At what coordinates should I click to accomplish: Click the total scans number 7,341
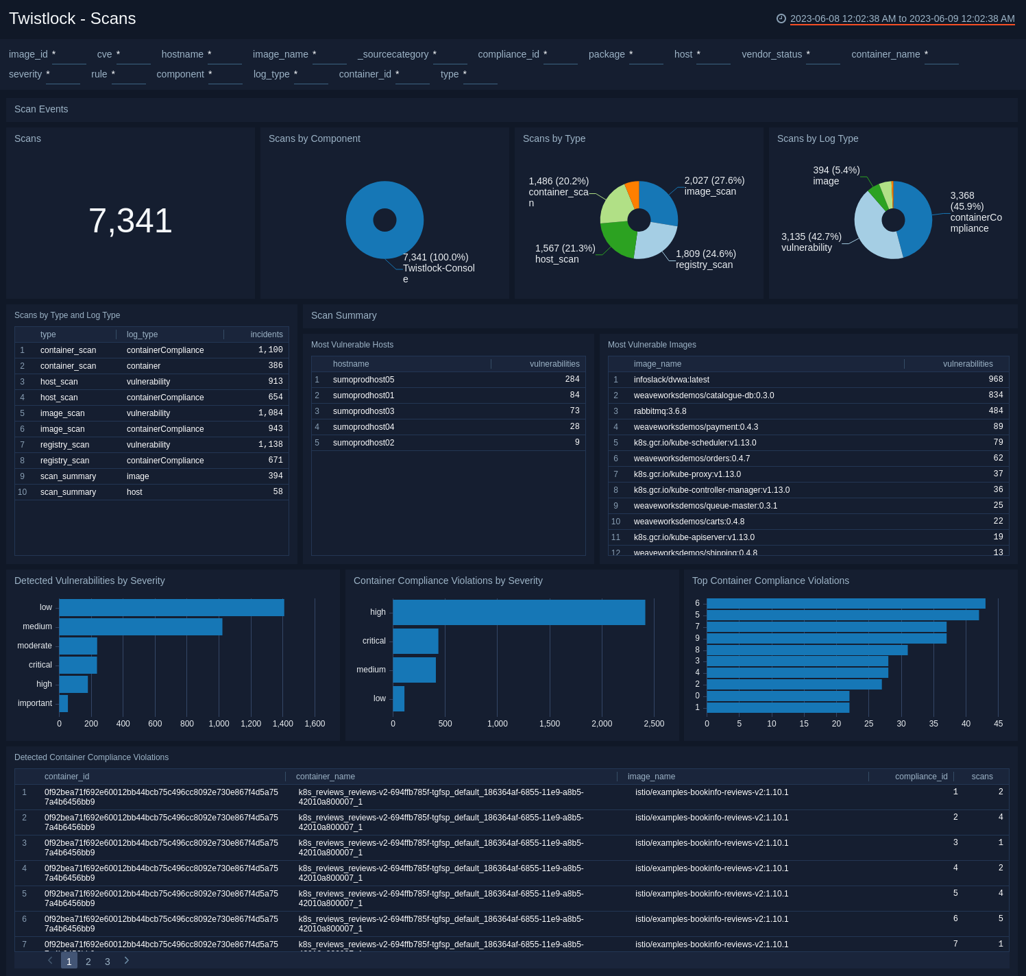130,221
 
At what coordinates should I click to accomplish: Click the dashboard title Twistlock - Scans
72,19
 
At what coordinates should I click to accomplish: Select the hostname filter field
225,55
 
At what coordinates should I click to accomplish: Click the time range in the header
902,19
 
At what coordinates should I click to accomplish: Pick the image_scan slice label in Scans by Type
710,191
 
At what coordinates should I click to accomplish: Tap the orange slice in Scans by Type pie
633,193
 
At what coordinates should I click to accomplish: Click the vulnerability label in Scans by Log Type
807,247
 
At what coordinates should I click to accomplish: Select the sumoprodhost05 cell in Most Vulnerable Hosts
363,380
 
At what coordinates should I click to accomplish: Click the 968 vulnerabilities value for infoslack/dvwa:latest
995,380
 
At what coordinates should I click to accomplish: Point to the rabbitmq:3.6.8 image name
659,411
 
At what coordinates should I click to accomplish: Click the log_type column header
142,334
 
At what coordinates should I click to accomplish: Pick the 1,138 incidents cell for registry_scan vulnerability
270,445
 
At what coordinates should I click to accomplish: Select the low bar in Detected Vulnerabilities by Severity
171,607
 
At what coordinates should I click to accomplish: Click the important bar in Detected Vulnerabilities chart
64,703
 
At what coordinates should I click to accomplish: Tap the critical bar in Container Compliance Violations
415,641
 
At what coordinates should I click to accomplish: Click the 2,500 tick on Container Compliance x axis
654,724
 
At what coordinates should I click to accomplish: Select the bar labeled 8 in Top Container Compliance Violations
807,650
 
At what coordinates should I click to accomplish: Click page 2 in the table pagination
88,962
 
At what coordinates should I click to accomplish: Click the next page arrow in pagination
127,961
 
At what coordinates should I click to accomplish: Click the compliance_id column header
920,777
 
